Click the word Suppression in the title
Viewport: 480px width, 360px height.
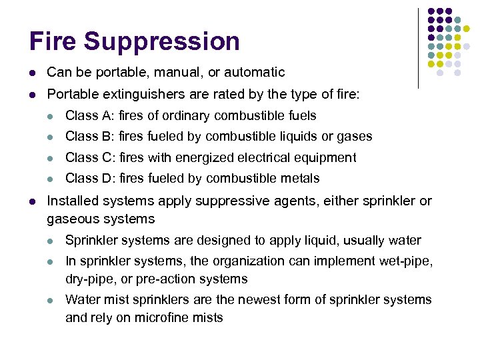click(x=161, y=41)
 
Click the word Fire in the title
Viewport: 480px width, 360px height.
click(x=53, y=41)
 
